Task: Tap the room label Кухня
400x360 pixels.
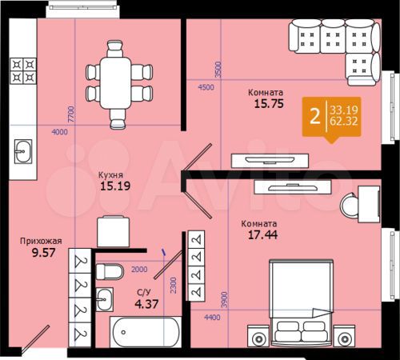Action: tap(110, 173)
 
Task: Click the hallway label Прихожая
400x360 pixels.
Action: tap(41, 238)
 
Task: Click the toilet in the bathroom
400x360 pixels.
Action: tap(109, 270)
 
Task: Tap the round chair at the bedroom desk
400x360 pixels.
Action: tap(352, 206)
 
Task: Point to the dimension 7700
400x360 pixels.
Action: tap(71, 113)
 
